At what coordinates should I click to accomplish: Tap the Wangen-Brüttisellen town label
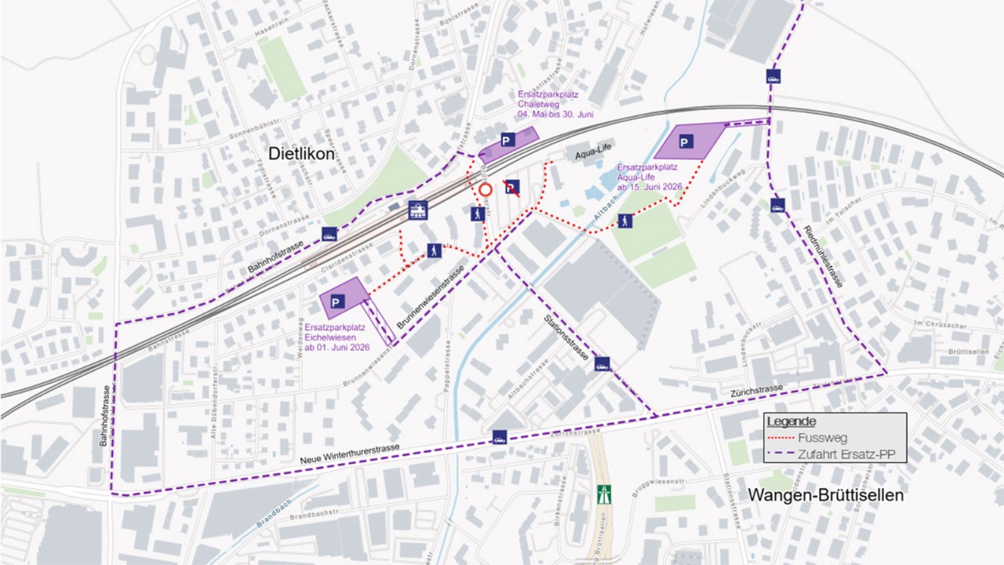coord(826,495)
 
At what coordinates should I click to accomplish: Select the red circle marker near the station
coord(486,189)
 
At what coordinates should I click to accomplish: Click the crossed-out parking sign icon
coord(511,187)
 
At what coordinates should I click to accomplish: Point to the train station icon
coord(418,210)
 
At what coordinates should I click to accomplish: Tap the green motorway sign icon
coord(604,494)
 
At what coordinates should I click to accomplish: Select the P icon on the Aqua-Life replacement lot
coord(686,142)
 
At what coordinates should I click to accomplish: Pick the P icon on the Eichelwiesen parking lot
coord(338,301)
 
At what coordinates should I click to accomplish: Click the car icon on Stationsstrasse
coord(602,363)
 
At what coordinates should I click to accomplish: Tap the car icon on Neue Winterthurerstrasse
coord(499,438)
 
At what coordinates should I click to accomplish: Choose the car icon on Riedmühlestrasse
coord(777,205)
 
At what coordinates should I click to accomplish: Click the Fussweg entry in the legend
coord(816,438)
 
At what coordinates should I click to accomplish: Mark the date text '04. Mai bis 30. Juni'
coord(555,115)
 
